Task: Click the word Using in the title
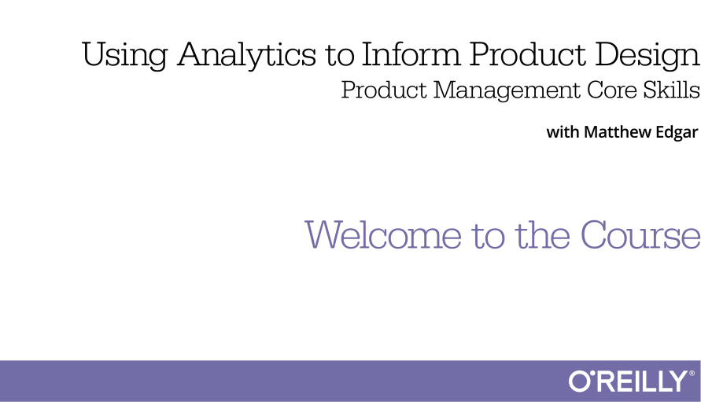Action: click(124, 54)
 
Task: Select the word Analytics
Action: click(246, 54)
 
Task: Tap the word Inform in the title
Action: click(411, 53)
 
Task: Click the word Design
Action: click(648, 55)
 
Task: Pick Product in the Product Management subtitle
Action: click(384, 90)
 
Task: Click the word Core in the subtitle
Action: click(611, 90)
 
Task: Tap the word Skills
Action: click(671, 90)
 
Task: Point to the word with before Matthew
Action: click(563, 132)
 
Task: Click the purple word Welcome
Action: click(383, 234)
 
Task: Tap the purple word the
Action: click(542, 234)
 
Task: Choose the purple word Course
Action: click(640, 234)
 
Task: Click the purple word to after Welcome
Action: click(489, 236)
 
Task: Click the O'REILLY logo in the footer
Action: click(632, 381)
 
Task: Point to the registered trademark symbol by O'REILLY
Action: click(692, 373)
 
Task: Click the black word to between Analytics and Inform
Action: click(339, 56)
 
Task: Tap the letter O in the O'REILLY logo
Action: click(579, 382)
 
